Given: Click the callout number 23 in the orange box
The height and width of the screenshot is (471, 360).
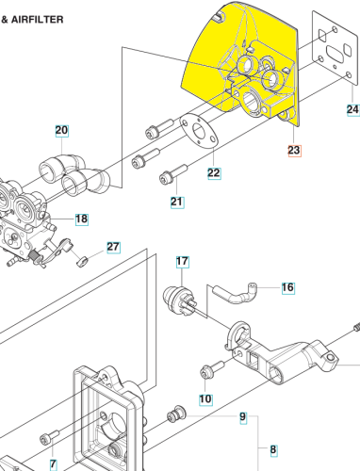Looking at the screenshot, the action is point(294,150).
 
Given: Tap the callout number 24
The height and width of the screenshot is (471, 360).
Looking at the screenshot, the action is point(352,109).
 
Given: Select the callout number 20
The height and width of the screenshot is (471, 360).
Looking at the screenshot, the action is point(61,130).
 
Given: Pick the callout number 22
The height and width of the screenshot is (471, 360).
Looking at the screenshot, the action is point(214,173).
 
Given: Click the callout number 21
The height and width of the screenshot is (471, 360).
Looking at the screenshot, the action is point(177,202).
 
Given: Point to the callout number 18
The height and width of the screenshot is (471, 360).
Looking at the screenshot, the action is point(82,219).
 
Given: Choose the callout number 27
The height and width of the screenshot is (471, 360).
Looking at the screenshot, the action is point(113,247).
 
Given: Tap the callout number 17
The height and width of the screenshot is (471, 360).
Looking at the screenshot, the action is point(182,261).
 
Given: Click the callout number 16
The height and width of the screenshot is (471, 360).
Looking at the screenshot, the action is point(288,287).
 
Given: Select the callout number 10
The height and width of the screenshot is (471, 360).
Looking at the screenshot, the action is point(205,398).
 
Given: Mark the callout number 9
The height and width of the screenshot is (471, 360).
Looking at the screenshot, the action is point(243,417).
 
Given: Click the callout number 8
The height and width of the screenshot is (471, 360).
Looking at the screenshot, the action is point(273,449).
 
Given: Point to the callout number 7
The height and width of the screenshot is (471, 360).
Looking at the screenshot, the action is point(54,464).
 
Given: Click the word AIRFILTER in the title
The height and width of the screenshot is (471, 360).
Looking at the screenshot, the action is point(38,20).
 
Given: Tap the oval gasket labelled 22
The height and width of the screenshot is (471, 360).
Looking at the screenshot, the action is point(199,132).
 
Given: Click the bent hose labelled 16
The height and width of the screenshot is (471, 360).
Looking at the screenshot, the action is point(235,293).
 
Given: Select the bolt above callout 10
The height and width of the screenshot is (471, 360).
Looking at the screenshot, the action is point(212,369).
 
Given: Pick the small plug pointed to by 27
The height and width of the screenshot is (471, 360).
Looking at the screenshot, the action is point(82,261).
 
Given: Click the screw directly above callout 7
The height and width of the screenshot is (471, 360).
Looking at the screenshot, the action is point(50,437).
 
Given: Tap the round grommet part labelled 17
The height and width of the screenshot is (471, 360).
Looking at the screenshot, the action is point(179,300).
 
